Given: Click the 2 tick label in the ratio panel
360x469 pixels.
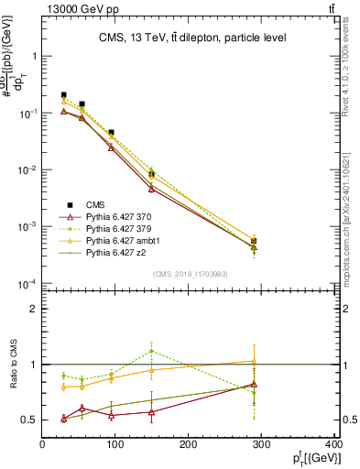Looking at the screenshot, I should pos(33,309).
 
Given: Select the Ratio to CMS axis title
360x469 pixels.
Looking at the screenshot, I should pos(14,365).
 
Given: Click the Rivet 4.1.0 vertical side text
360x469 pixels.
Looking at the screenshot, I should pos(349,73).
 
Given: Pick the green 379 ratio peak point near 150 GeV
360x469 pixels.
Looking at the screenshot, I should pos(151,351).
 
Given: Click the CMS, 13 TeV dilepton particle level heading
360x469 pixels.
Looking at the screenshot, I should pos(192,38).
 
